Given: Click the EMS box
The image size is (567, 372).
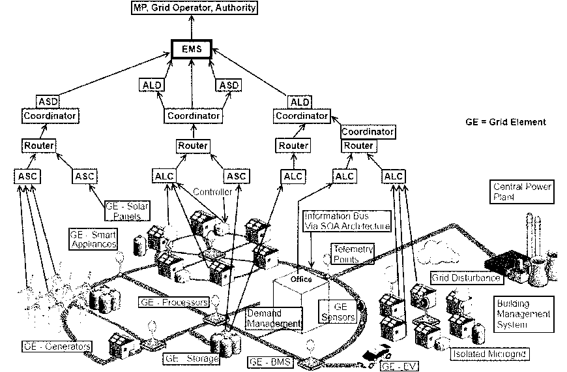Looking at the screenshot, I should [x=191, y=50].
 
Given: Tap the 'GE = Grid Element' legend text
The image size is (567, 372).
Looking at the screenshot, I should [x=506, y=122].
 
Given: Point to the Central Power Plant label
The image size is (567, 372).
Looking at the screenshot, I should [x=523, y=193].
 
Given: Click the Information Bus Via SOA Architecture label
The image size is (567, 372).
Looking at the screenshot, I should [x=347, y=221].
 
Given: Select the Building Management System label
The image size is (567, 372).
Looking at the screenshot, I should [x=523, y=314].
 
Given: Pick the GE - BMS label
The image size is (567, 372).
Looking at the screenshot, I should [x=270, y=360].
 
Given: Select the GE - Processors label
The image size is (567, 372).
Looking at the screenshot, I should [x=174, y=303].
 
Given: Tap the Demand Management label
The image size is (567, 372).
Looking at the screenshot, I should [x=274, y=318].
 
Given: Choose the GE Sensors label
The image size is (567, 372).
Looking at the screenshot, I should [x=336, y=311].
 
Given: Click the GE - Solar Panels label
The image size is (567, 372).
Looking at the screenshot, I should [x=128, y=211].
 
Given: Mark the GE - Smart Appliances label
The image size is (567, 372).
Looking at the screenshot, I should [x=93, y=238].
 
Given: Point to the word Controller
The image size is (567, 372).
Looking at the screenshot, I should [x=212, y=192].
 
